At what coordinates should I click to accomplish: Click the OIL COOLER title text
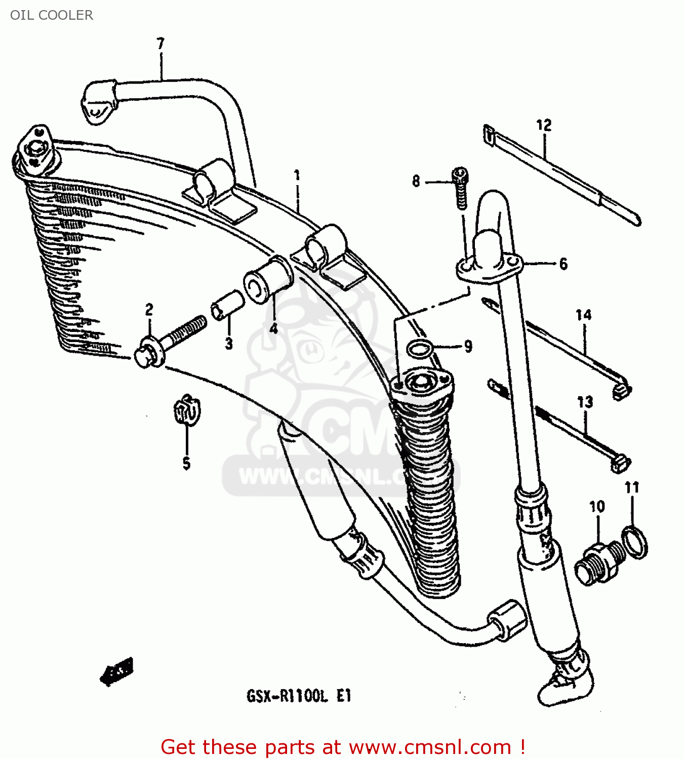tap(51, 15)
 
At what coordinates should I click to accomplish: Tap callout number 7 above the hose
tap(160, 44)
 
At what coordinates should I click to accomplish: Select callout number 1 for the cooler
tap(297, 176)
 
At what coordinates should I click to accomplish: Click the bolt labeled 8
tap(461, 188)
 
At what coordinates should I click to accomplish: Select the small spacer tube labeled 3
tap(227, 305)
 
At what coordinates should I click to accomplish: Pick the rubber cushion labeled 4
tap(268, 280)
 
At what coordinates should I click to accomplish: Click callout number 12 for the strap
tap(543, 125)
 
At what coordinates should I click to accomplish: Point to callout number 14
tap(583, 315)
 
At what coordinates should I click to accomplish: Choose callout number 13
tap(585, 402)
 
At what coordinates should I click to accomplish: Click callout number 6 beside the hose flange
tap(563, 264)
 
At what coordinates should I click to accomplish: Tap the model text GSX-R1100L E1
tap(299, 697)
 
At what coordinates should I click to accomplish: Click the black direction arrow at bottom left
tap(117, 672)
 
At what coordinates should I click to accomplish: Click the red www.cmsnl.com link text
tap(430, 747)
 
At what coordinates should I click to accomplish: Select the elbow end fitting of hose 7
tap(98, 103)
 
